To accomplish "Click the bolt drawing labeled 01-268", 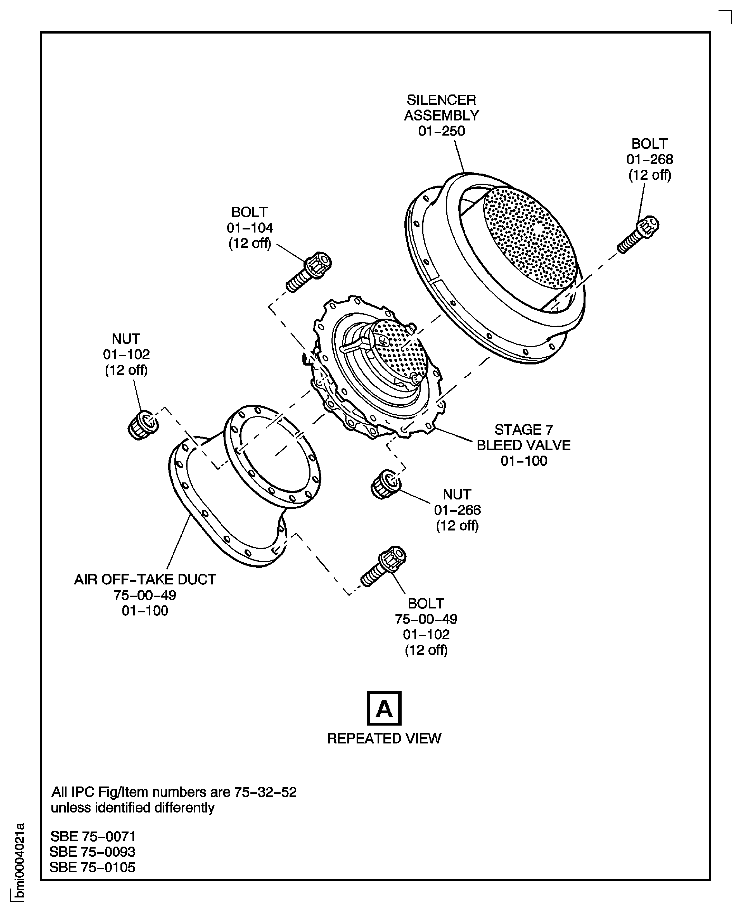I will (x=638, y=234).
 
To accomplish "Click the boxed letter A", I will (x=384, y=708).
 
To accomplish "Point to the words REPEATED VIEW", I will (x=384, y=738).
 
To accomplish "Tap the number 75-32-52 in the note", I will (x=265, y=792).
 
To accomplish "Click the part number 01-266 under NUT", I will (x=457, y=510).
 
